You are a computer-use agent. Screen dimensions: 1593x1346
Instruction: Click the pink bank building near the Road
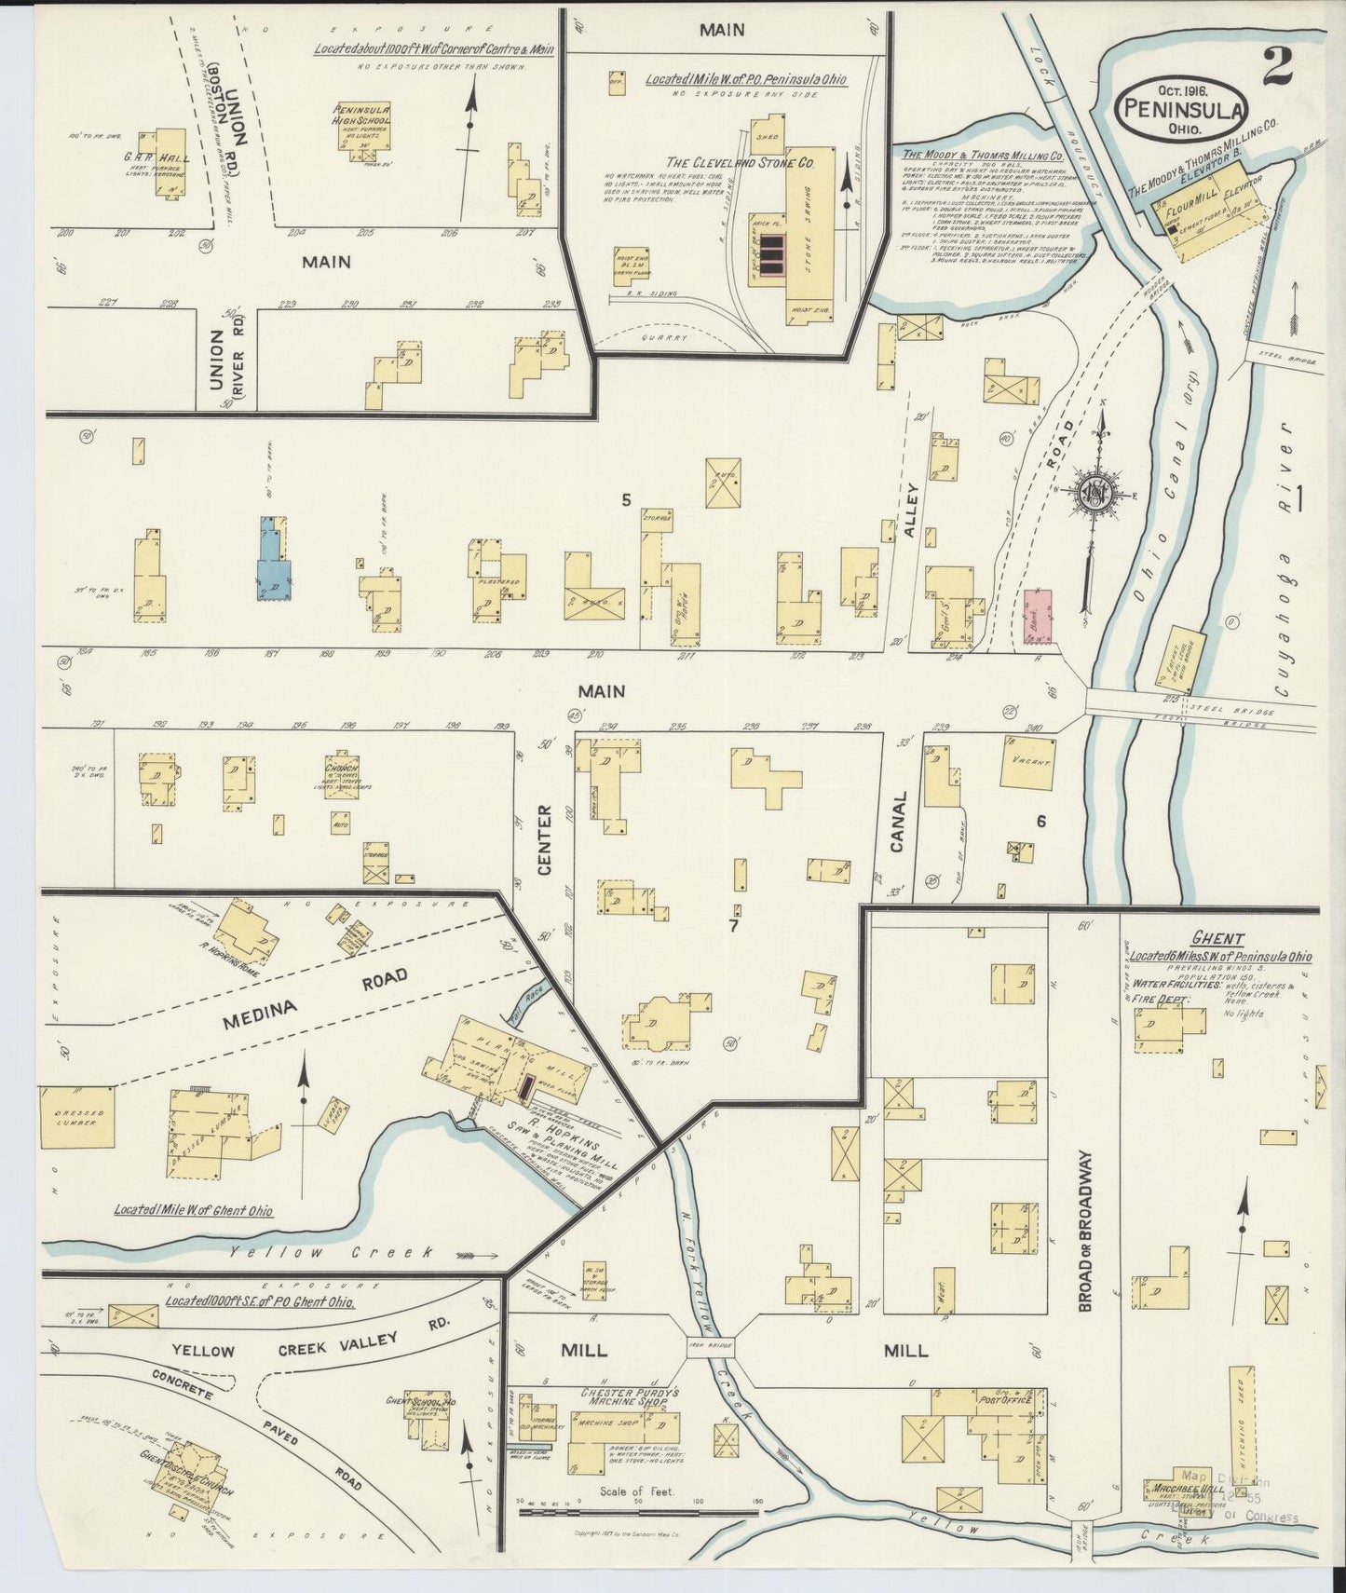(x=1037, y=616)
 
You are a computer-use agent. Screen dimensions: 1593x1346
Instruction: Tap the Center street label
(x=545, y=840)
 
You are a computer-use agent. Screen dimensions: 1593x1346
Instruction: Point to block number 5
(x=627, y=501)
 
